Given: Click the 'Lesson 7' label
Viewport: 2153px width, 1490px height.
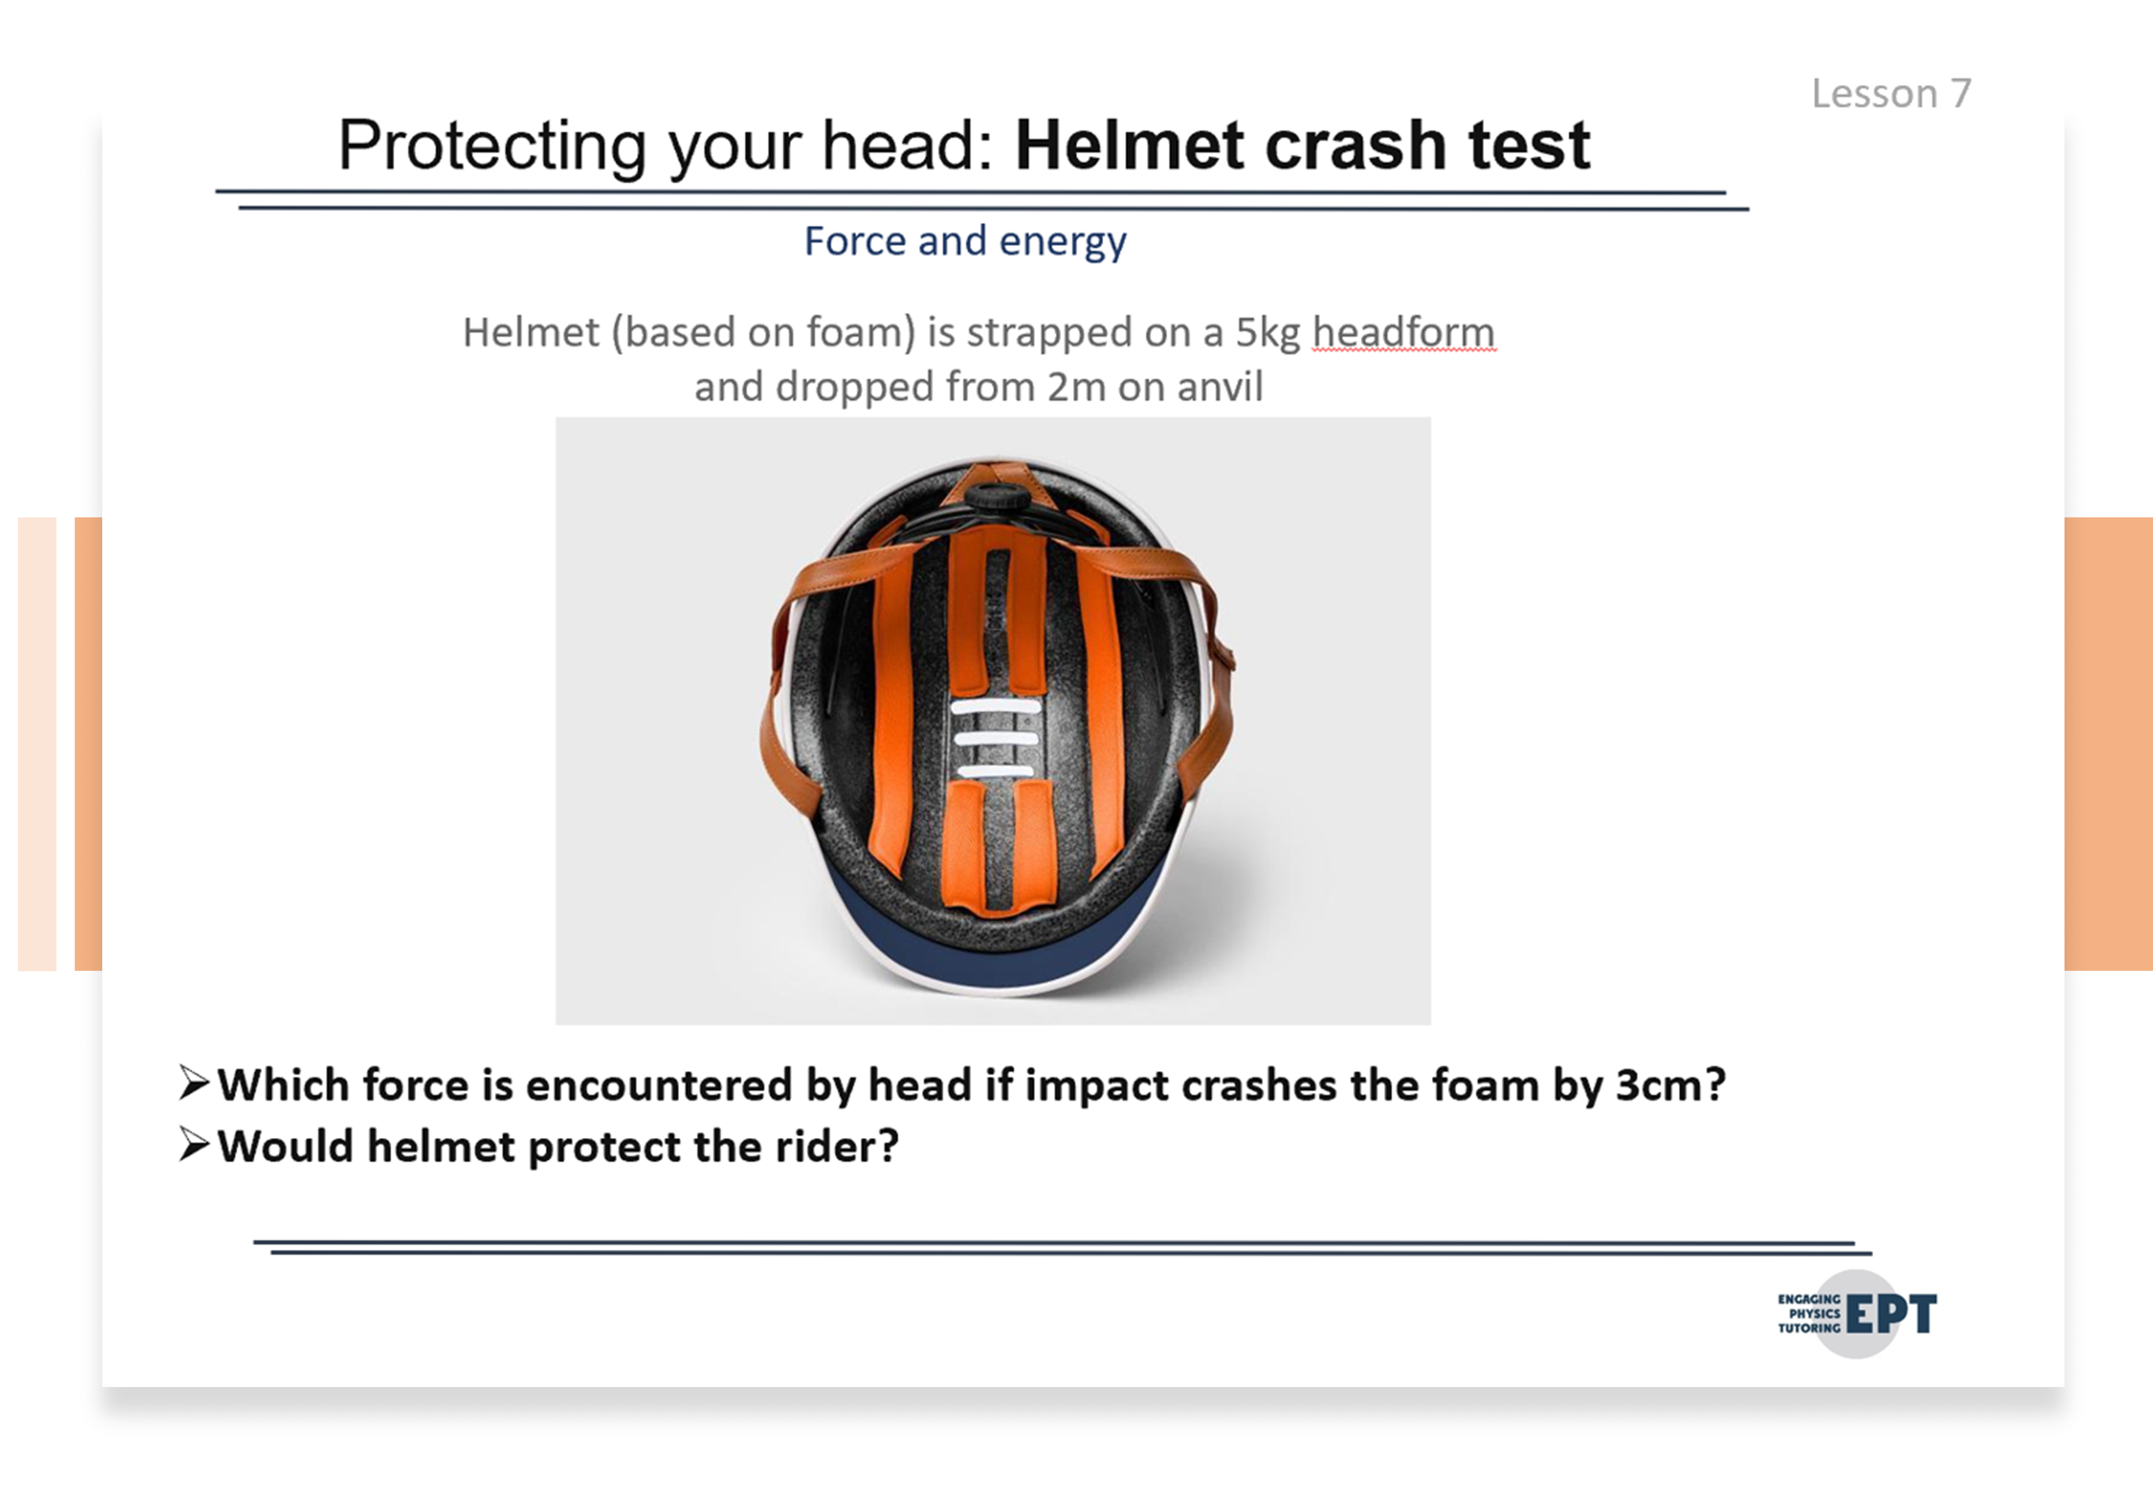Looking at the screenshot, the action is (x=1892, y=93).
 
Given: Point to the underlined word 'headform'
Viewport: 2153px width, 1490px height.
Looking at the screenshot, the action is (x=1403, y=332).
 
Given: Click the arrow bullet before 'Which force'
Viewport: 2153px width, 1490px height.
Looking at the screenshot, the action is (x=194, y=1083).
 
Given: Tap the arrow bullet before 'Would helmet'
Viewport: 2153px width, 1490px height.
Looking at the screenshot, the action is (x=194, y=1145).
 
